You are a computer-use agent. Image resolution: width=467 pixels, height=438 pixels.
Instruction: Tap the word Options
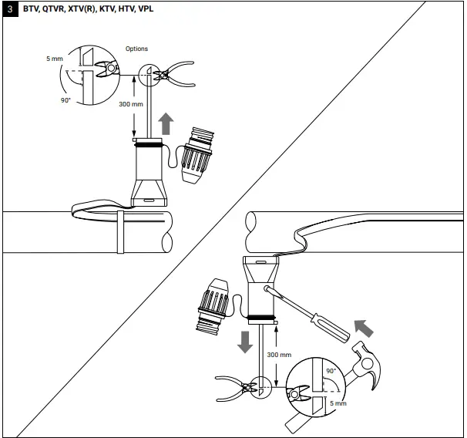pyautogui.click(x=136, y=49)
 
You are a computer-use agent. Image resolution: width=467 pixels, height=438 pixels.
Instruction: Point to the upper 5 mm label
pyautogui.click(x=55, y=59)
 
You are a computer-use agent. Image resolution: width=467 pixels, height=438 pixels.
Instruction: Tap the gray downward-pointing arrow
pyautogui.click(x=245, y=340)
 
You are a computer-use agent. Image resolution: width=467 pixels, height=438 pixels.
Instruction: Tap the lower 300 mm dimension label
pyautogui.click(x=279, y=354)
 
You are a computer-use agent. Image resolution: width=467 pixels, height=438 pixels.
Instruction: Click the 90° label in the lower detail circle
pyautogui.click(x=332, y=370)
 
